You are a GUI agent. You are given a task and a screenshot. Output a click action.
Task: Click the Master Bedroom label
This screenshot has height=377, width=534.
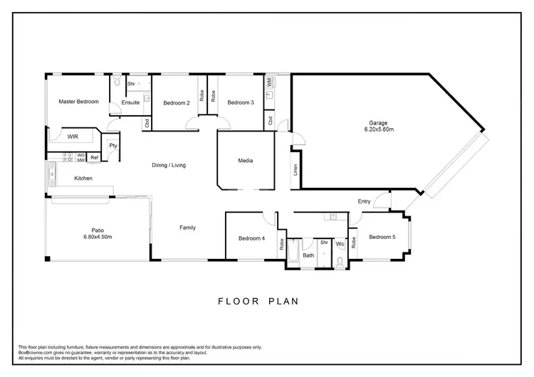click(x=78, y=102)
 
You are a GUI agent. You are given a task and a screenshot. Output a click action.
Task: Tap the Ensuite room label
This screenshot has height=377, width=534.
click(x=130, y=102)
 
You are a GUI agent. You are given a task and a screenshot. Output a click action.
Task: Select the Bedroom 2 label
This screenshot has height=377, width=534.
click(x=177, y=102)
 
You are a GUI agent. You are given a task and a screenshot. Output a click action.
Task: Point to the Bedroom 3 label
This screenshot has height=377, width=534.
click(x=241, y=102)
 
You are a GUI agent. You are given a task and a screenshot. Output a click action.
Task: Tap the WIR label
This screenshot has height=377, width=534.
click(x=73, y=135)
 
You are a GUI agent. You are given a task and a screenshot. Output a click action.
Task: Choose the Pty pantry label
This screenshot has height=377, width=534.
click(x=112, y=146)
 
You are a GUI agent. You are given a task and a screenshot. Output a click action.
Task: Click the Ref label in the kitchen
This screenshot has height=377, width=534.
click(x=94, y=158)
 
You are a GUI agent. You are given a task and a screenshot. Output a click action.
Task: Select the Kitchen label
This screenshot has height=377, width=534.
click(x=84, y=178)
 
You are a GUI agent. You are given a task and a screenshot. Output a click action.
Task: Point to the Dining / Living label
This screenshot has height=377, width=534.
click(x=169, y=165)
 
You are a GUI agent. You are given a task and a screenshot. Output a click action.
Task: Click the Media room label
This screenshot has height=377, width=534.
click(x=245, y=161)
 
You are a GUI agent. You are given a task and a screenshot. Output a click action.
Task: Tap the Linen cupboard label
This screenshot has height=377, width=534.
click(x=295, y=171)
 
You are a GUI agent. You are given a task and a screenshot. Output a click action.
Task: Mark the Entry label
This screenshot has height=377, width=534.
click(x=364, y=201)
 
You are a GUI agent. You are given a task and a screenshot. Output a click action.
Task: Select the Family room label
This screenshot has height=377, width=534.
click(x=187, y=228)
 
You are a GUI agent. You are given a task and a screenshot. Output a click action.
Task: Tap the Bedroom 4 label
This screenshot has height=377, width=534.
click(x=251, y=238)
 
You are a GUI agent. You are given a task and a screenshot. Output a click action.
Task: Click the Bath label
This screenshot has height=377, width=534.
click(x=308, y=255)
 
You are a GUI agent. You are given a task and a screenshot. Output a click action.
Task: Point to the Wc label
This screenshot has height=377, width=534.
click(x=340, y=244)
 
